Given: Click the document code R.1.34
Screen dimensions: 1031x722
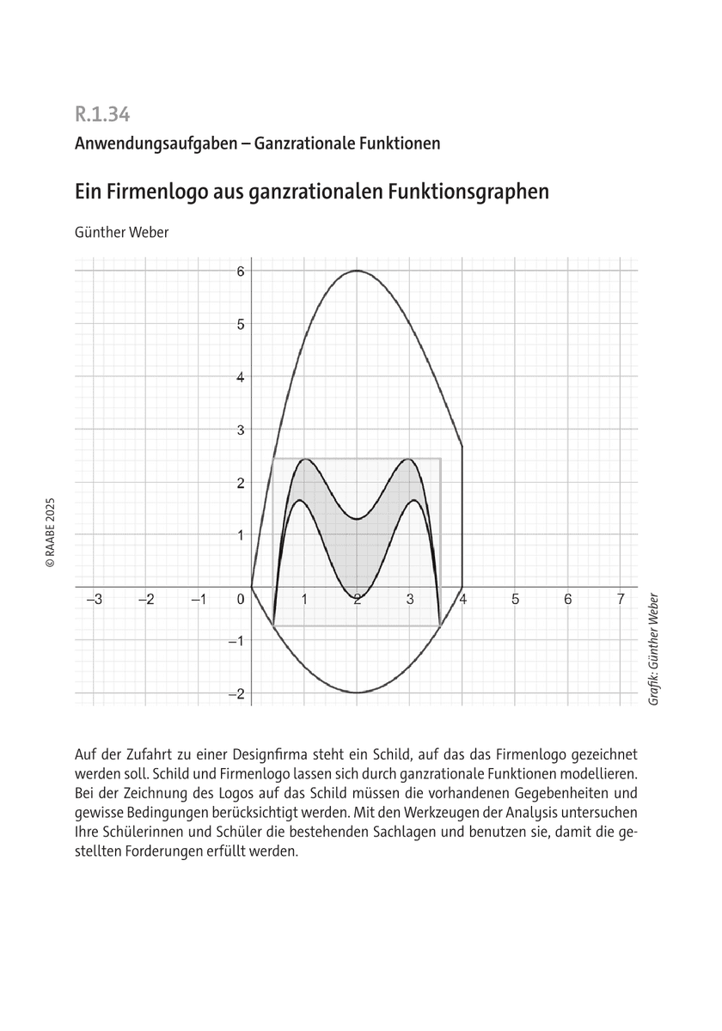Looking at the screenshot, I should pyautogui.click(x=102, y=113).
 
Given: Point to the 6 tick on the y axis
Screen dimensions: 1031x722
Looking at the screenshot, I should pyautogui.click(x=242, y=271).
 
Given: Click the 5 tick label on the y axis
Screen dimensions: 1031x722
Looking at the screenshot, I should pyautogui.click(x=242, y=324).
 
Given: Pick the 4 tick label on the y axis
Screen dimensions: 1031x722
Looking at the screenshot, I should pyautogui.click(x=242, y=376).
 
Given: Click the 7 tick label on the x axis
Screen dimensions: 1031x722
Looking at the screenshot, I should pyautogui.click(x=621, y=600).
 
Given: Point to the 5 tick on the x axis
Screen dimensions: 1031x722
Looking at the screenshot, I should pyautogui.click(x=515, y=600).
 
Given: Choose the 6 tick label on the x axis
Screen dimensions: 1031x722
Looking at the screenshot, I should pyautogui.click(x=567, y=600).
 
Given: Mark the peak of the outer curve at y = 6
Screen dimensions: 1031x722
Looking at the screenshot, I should pyautogui.click(x=357, y=271).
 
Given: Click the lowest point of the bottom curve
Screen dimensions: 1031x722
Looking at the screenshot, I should pyautogui.click(x=357, y=692).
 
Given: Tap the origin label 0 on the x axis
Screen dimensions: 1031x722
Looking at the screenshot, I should pyautogui.click(x=242, y=600).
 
